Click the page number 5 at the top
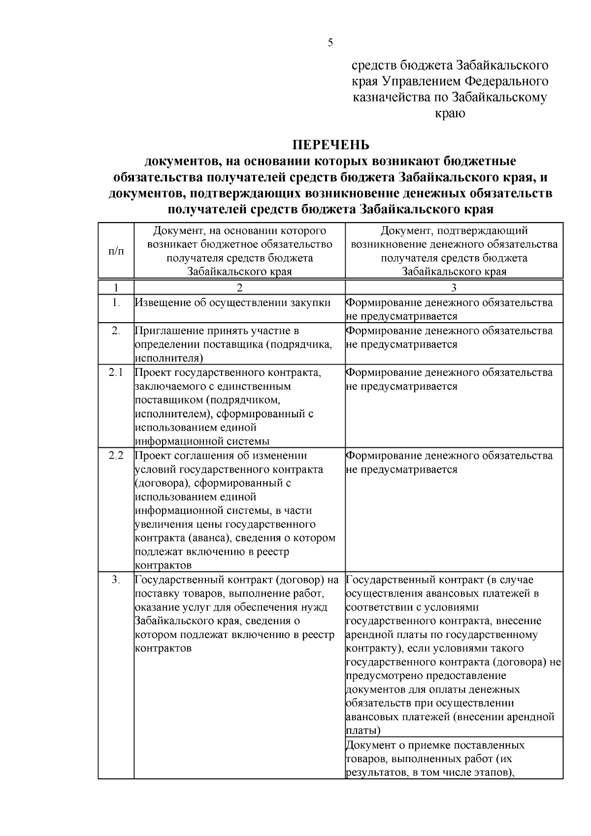pyautogui.click(x=330, y=43)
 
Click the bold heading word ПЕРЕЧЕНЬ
pyautogui.click(x=330, y=145)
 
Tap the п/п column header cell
pyautogui.click(x=116, y=251)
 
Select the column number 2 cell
pyautogui.click(x=239, y=287)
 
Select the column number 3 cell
pyautogui.click(x=454, y=287)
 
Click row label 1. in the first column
pyautogui.click(x=116, y=303)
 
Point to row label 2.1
pyautogui.click(x=116, y=372)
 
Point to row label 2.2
pyautogui.click(x=116, y=456)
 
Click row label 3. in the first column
pyautogui.click(x=116, y=580)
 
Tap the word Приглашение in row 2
pyautogui.click(x=167, y=331)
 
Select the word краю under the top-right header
pyautogui.click(x=450, y=114)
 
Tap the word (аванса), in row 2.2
pyautogui.click(x=203, y=538)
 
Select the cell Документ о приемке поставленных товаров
pyautogui.click(x=453, y=758)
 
